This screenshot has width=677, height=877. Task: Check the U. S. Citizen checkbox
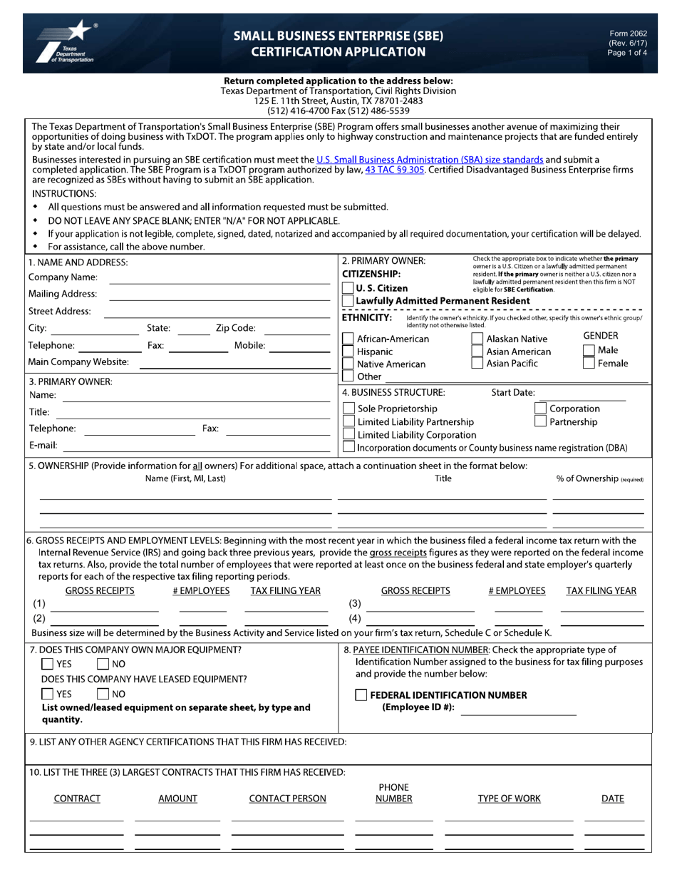click(x=348, y=288)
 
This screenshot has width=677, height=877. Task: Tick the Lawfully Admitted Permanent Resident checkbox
click(x=348, y=301)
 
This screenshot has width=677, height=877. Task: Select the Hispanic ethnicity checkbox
click(x=348, y=352)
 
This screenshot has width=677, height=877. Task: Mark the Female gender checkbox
click(x=589, y=363)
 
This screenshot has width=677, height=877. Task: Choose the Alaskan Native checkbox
click(x=477, y=339)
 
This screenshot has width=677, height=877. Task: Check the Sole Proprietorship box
click(x=348, y=409)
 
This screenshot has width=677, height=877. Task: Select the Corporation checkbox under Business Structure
click(x=541, y=409)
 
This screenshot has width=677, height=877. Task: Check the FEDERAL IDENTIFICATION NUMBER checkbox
click(x=361, y=695)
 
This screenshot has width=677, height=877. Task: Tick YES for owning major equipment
click(x=47, y=664)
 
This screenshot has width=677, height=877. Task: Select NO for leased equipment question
click(x=103, y=694)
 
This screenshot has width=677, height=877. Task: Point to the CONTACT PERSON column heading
click(x=287, y=799)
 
